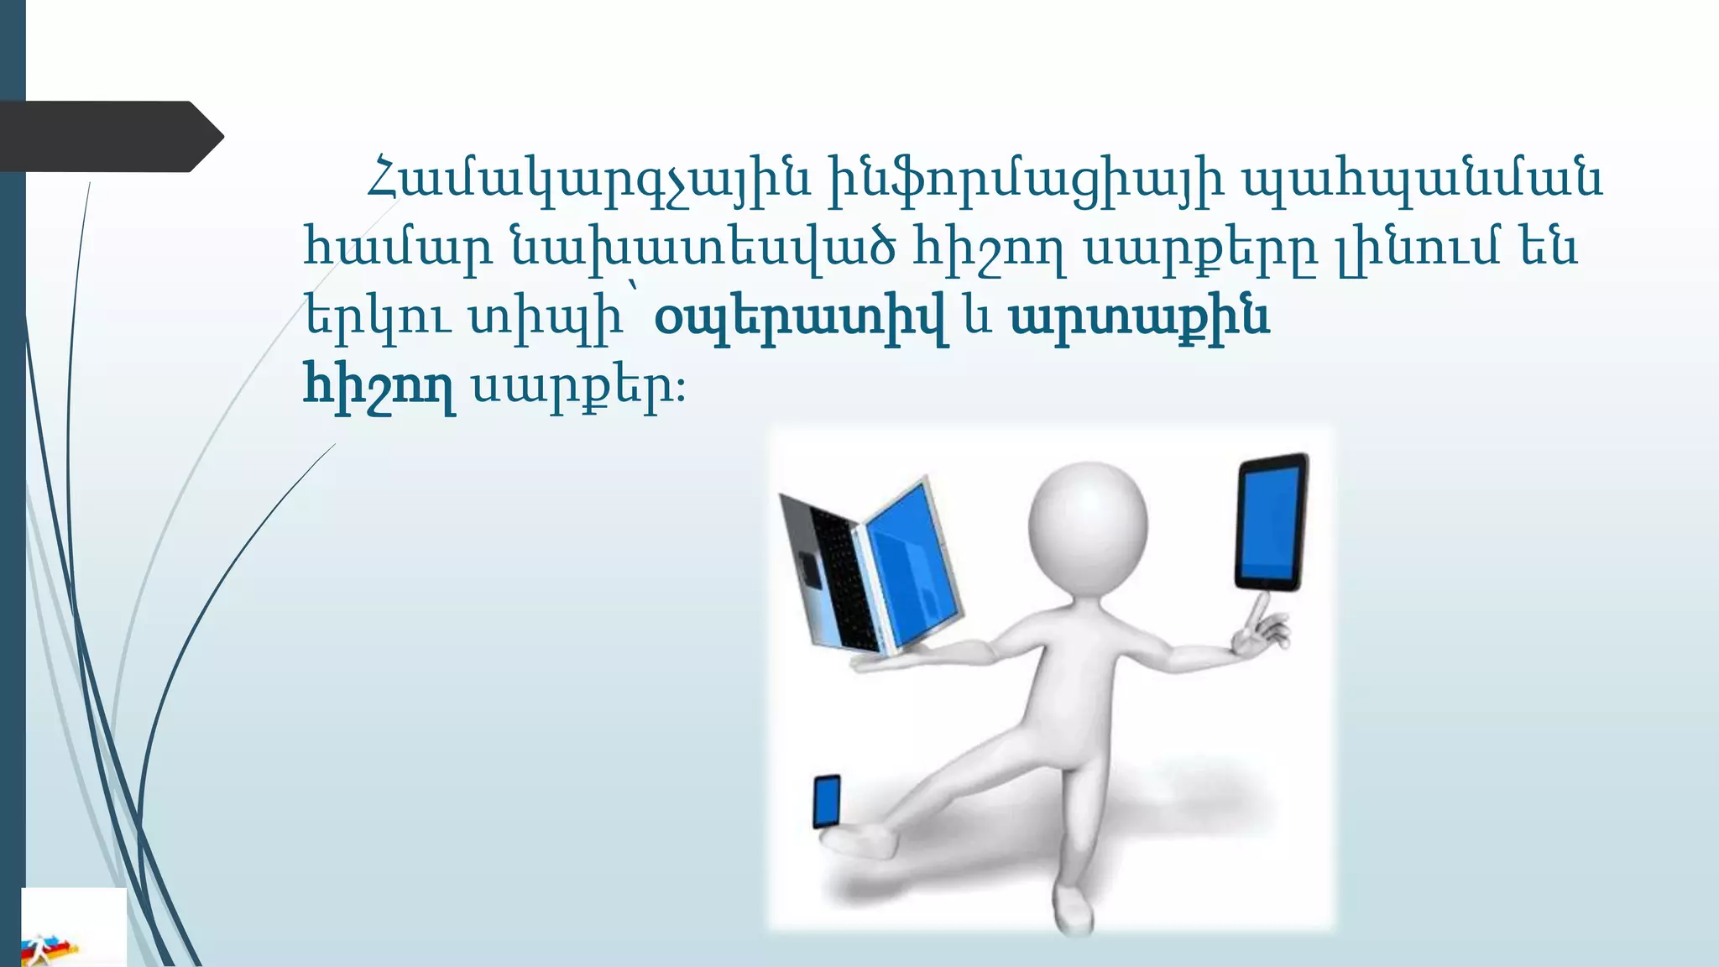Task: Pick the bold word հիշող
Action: point(379,387)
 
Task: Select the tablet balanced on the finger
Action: point(1272,522)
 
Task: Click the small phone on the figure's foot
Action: point(827,802)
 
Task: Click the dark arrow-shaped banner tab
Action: point(109,136)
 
